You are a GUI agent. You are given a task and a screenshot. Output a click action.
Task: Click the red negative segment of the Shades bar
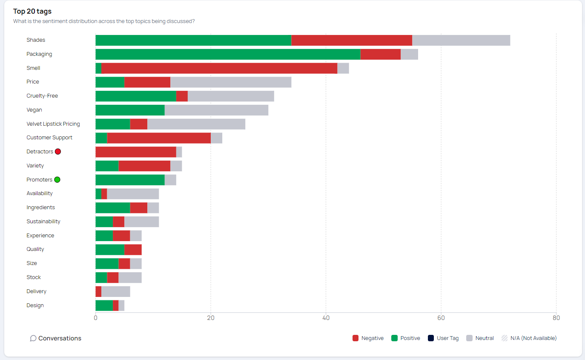352,40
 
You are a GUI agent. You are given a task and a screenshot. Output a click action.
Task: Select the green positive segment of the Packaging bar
228,54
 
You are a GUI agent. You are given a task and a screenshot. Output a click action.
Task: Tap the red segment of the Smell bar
219,68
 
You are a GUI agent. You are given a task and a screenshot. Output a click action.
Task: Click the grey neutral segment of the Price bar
231,82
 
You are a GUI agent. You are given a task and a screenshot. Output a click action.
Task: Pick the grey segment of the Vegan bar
216,110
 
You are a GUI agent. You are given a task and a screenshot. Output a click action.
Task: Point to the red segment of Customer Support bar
159,138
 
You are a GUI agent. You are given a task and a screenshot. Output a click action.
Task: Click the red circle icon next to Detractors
58,152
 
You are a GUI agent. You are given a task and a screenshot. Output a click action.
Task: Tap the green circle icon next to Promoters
57,180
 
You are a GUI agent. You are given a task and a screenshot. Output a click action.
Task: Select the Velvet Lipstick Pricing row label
53,124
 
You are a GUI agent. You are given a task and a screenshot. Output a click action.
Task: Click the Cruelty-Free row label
42,96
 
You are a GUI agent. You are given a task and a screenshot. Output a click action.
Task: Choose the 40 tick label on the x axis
326,318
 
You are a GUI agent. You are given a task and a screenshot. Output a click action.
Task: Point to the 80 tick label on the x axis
556,318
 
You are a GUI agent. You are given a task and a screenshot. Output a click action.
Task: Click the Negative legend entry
368,338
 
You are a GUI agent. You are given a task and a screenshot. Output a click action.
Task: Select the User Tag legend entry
443,338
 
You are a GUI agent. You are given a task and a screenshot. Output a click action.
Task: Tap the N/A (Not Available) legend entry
529,338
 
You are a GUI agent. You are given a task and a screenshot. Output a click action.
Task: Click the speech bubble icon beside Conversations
33,338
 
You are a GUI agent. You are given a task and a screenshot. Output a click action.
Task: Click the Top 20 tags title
32,12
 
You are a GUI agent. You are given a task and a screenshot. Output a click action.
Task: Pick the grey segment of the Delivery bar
115,291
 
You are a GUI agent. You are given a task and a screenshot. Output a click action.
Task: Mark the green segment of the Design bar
104,305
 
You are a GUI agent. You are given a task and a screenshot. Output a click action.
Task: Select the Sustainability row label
43,222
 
